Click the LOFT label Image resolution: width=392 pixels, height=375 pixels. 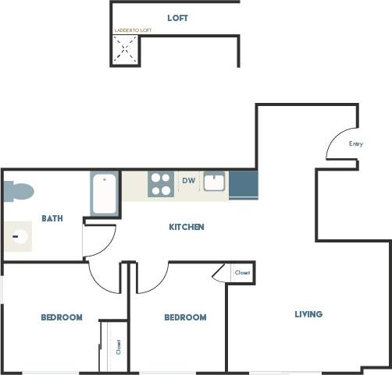(x=177, y=17)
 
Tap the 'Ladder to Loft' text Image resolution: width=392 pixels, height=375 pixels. (x=133, y=30)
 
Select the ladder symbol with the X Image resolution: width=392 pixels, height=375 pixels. (x=125, y=51)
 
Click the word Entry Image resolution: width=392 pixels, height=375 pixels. (x=356, y=143)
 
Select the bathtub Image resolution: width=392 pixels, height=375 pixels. (x=105, y=195)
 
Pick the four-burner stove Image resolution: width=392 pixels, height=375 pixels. (x=161, y=185)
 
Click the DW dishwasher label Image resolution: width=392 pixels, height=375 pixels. (x=188, y=181)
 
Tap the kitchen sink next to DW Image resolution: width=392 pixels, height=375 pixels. (x=214, y=183)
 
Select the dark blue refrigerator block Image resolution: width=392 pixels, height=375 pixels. (x=243, y=185)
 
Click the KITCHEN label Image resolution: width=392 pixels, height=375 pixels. (x=187, y=227)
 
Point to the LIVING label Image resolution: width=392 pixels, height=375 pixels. (x=308, y=314)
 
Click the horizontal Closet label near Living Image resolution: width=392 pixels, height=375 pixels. (x=242, y=273)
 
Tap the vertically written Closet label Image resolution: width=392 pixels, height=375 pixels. (x=119, y=346)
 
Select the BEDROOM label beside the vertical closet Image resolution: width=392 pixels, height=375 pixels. (x=62, y=317)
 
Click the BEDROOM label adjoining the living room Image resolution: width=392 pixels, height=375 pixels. (x=185, y=317)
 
